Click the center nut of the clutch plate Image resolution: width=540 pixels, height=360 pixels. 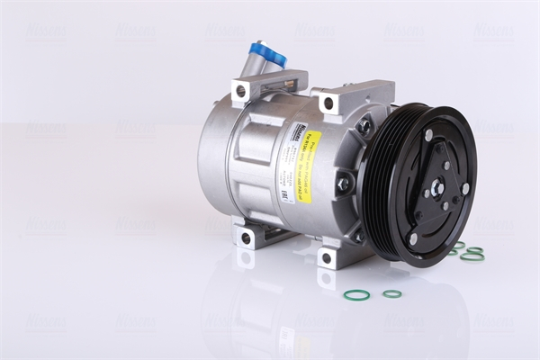pyautogui.click(x=437, y=187)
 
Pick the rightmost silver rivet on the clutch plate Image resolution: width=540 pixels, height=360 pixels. pyautogui.click(x=465, y=189)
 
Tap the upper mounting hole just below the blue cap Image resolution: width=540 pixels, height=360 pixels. pyautogui.click(x=240, y=91)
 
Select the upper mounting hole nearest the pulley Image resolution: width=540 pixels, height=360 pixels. pyautogui.click(x=328, y=103)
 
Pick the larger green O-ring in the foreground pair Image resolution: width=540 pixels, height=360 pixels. pyautogui.click(x=356, y=294)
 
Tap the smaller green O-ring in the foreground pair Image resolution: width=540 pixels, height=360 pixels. pyautogui.click(x=391, y=293)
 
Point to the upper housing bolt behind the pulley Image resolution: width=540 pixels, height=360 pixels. pyautogui.click(x=364, y=126)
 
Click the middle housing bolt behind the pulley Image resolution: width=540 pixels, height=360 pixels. pyautogui.click(x=343, y=184)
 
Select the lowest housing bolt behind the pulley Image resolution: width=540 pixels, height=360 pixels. pyautogui.click(x=359, y=236)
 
